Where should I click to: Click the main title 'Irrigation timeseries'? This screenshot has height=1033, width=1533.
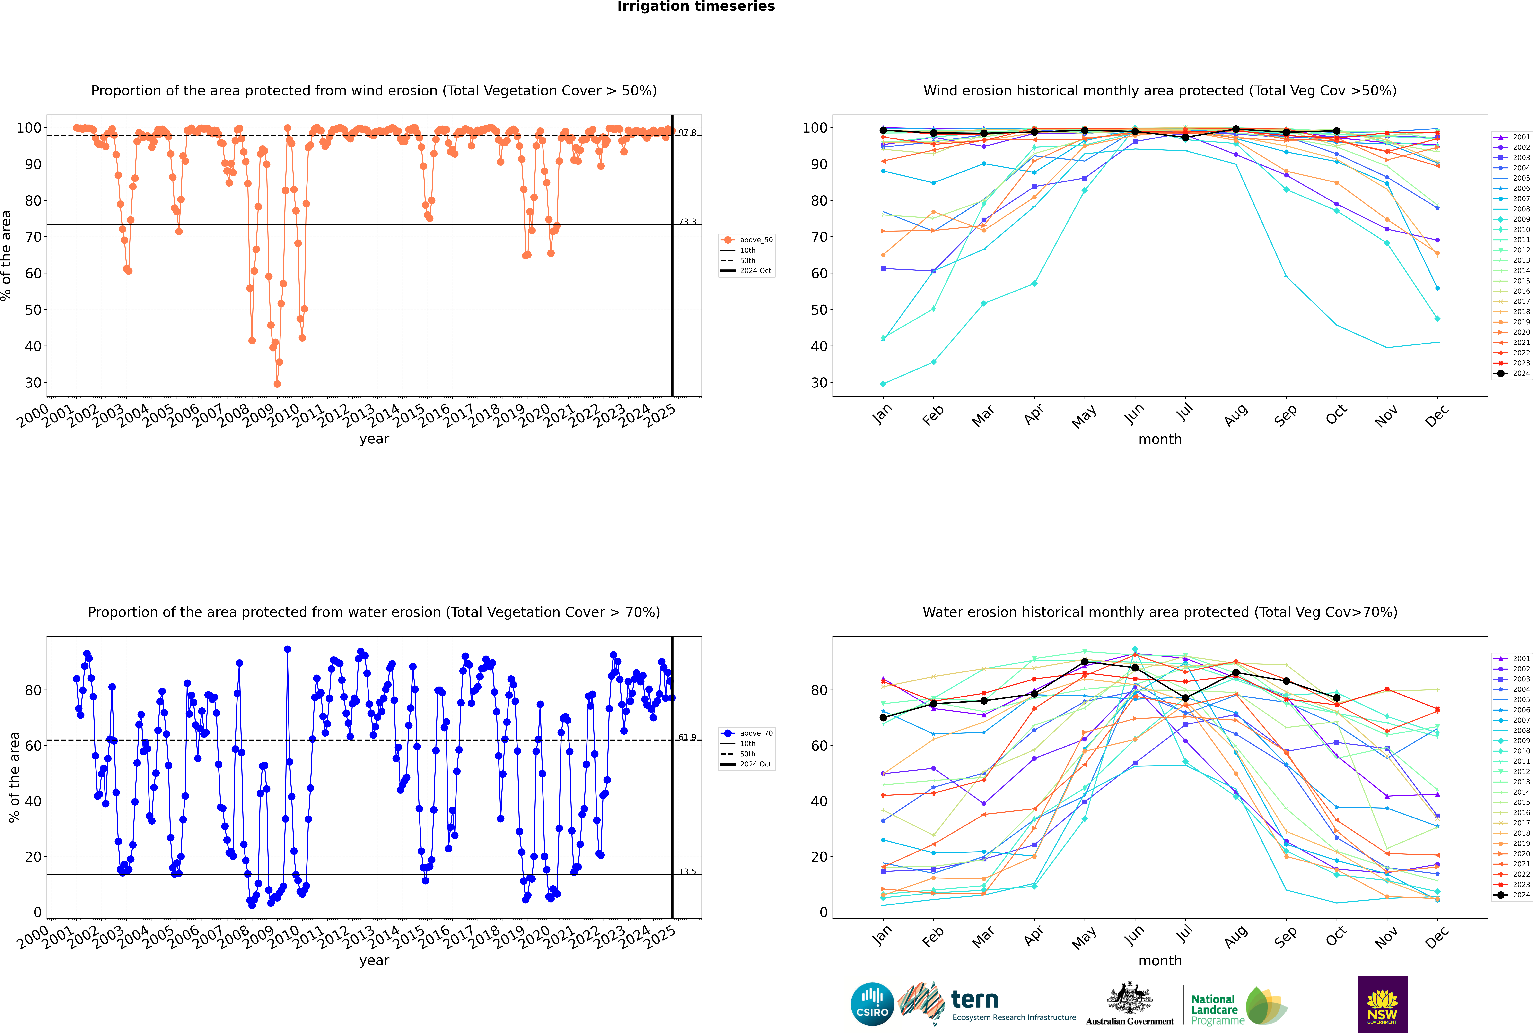pyautogui.click(x=696, y=7)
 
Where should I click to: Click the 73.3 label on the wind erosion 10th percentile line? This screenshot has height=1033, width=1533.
pyautogui.click(x=687, y=222)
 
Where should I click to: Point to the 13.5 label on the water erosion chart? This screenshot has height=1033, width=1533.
pyautogui.click(x=687, y=872)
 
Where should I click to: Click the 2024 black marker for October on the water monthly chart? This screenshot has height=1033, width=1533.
pyautogui.click(x=1337, y=698)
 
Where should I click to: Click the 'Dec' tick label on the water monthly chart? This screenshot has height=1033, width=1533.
pyautogui.click(x=1437, y=937)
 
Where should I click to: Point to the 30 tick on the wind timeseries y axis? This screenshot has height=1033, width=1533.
pyautogui.click(x=33, y=383)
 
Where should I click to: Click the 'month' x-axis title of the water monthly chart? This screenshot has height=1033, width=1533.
pyautogui.click(x=1160, y=961)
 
